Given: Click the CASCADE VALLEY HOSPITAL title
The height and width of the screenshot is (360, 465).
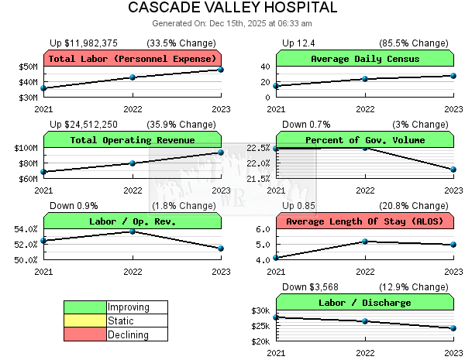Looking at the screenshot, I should coord(232,8).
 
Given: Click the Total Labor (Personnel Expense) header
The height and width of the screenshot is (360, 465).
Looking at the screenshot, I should coord(133,59).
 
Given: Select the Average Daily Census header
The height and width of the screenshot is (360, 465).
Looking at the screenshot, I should coord(364,59).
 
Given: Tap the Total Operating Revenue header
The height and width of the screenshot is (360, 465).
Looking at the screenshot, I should coord(133,140).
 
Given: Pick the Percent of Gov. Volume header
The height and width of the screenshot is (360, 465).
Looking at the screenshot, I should coord(364,140).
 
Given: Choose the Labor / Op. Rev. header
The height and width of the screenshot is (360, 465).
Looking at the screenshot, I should coord(133,221).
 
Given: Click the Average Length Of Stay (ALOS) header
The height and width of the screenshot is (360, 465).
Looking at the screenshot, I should coord(364,221).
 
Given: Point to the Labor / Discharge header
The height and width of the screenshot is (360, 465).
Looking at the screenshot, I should coord(364,303).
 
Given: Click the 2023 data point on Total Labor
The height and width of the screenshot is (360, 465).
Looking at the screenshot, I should coord(221,70).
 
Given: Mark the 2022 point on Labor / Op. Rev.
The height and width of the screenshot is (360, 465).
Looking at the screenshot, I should coord(133,231).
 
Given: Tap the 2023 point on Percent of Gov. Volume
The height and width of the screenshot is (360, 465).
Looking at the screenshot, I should coord(453,169).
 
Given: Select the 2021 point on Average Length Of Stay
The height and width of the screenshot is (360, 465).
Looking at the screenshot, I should coord(276,258).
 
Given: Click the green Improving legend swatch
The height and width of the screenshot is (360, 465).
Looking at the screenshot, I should coord(84,307).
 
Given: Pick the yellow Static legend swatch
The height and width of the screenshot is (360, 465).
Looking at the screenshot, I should coord(84,321).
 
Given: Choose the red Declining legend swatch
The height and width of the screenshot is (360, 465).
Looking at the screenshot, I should coord(84,334).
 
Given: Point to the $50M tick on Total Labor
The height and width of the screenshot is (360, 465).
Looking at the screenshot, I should coord(29,67).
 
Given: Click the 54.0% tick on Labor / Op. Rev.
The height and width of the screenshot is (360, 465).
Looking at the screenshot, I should coord(26,229).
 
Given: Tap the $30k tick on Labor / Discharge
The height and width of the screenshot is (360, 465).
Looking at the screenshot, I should coord(261,310).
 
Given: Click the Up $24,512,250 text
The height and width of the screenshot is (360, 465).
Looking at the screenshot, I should coord(84,124).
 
